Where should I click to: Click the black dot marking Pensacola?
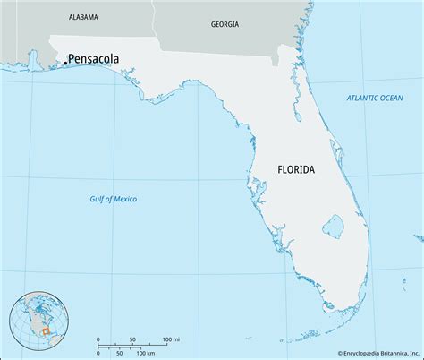64,63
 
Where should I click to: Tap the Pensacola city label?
93,60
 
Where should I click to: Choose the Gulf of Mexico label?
114,198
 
